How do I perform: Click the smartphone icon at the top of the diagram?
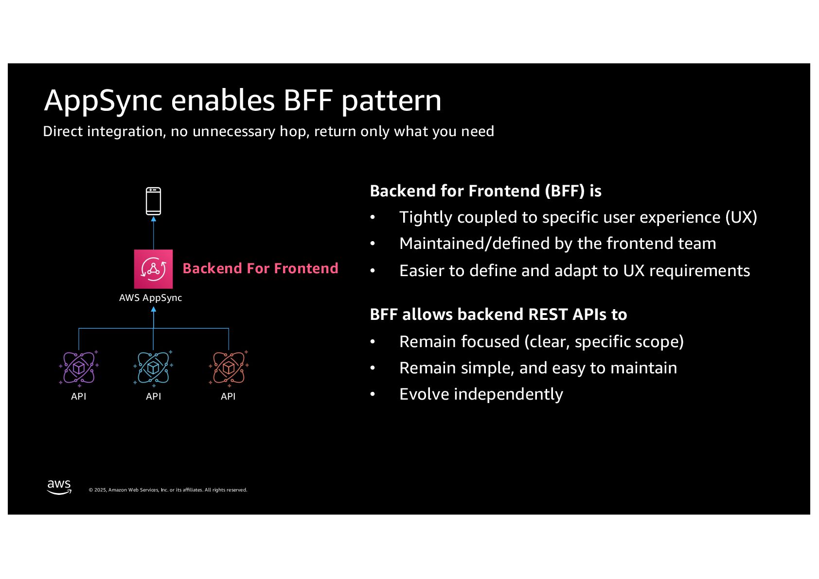point(153,201)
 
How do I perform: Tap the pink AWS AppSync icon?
point(153,269)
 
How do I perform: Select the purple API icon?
point(79,368)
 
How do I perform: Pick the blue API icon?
point(153,368)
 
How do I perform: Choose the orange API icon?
point(228,368)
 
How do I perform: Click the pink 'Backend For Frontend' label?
point(260,268)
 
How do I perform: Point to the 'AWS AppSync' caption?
point(150,298)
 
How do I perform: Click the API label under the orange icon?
point(228,396)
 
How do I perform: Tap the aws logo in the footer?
point(59,487)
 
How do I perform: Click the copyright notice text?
point(168,490)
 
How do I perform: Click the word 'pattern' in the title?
point(392,101)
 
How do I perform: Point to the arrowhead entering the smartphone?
point(154,219)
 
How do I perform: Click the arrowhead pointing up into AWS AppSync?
point(154,309)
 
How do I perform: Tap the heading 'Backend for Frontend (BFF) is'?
point(485,191)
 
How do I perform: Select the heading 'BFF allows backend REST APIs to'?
point(498,315)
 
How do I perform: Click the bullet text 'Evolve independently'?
point(481,394)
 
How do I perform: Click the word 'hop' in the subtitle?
point(294,132)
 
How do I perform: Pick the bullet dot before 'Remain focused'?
point(373,342)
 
